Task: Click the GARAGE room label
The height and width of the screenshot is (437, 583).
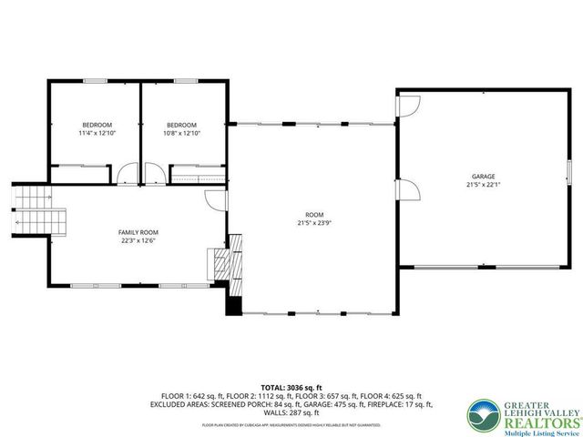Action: pyautogui.click(x=483, y=176)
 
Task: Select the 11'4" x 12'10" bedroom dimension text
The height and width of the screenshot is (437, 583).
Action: pyautogui.click(x=97, y=133)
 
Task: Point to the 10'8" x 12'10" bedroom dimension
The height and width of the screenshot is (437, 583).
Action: pyautogui.click(x=181, y=133)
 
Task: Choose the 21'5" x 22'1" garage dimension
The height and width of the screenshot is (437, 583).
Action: pyautogui.click(x=483, y=184)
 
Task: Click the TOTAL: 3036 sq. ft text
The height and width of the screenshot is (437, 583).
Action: pyautogui.click(x=291, y=387)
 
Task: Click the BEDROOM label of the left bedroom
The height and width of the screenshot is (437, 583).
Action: pyautogui.click(x=97, y=125)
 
